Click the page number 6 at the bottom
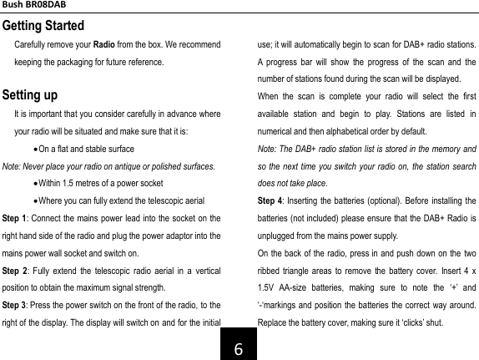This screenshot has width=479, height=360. click(239, 344)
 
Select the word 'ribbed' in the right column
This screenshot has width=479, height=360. click(269, 271)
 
